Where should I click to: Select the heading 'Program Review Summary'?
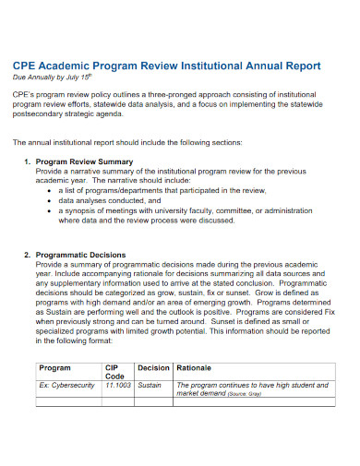(x=84, y=161)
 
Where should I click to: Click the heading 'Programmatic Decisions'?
(x=82, y=254)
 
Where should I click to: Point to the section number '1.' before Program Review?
(x=27, y=161)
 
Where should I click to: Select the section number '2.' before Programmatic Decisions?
(x=27, y=254)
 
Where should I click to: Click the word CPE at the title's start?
(x=26, y=66)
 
